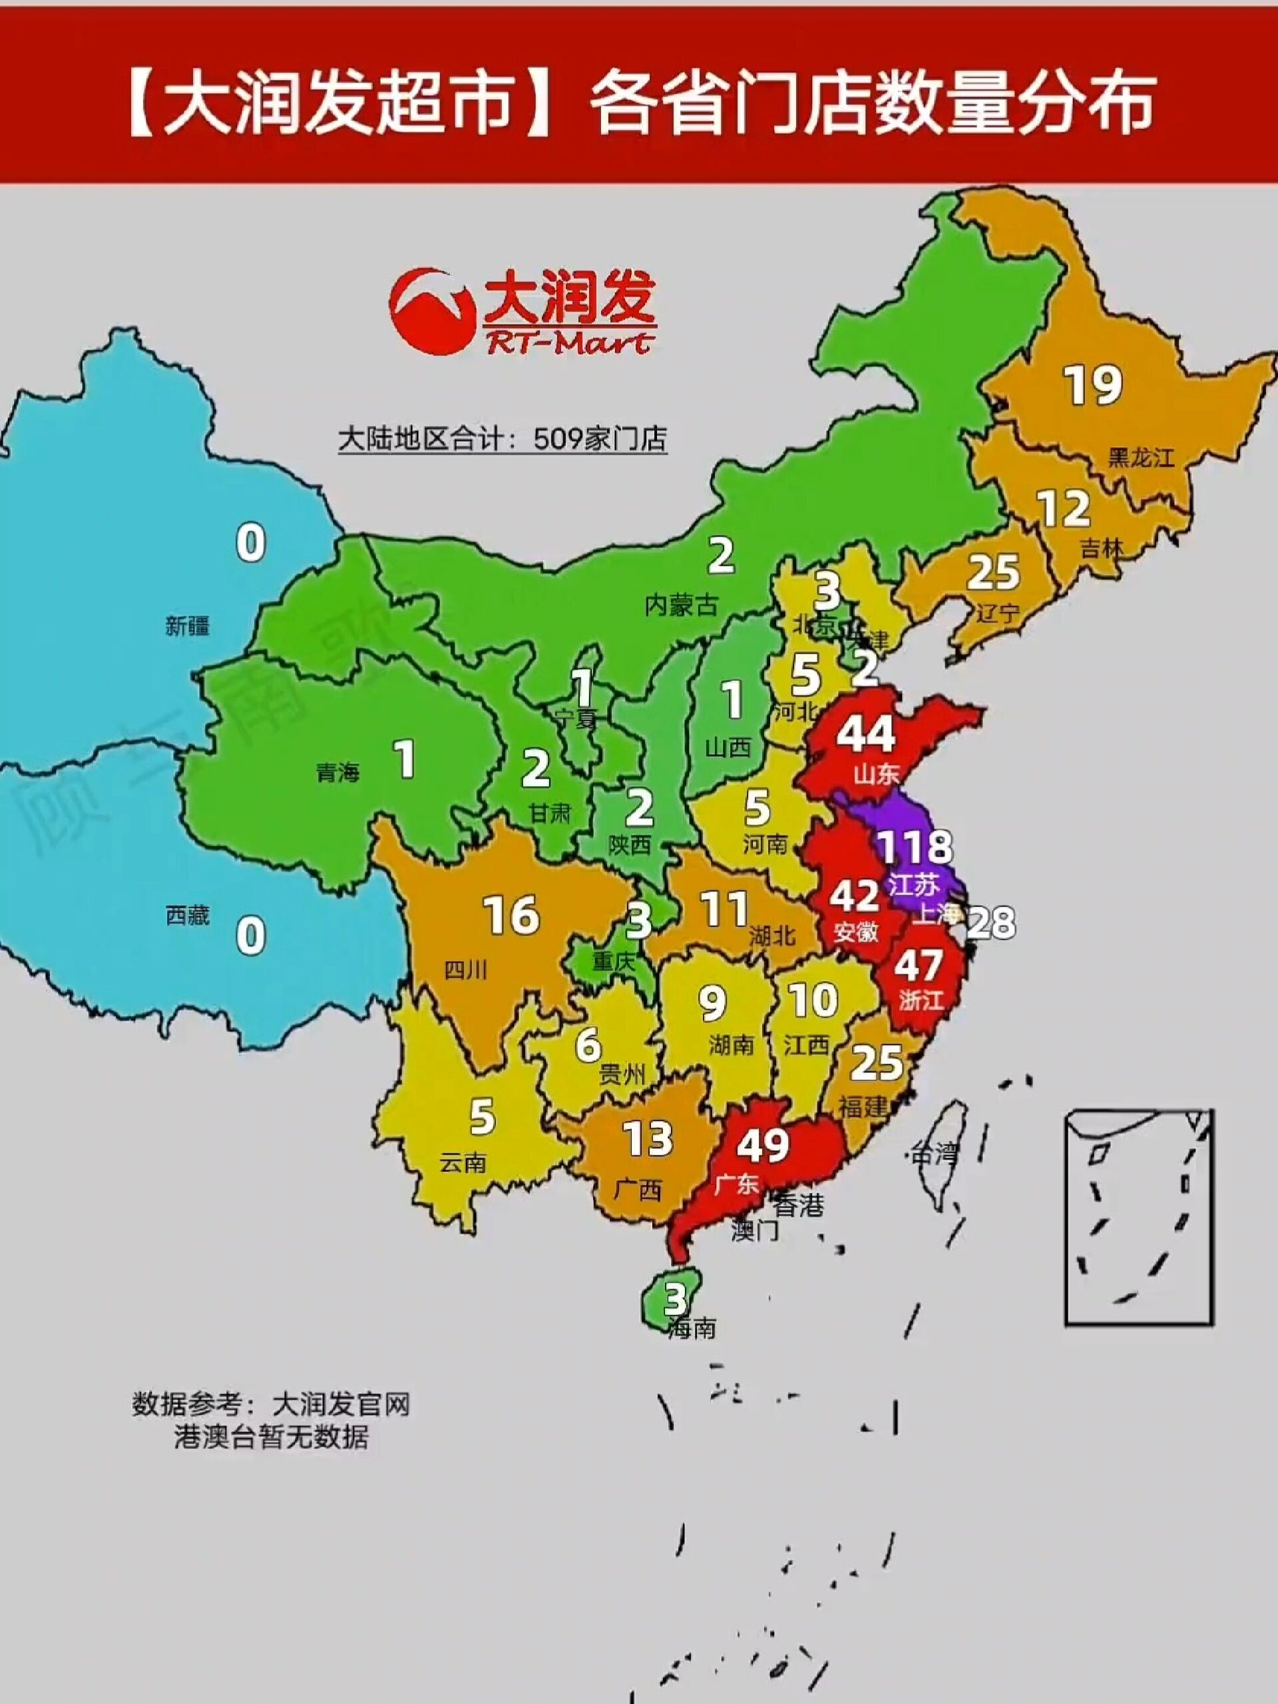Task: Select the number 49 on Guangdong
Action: point(763,1145)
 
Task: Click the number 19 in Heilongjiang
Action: point(1093,385)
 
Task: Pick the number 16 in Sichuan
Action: point(511,915)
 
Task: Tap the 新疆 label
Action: point(187,626)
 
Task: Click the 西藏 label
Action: point(187,915)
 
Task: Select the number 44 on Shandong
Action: point(866,734)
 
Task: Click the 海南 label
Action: point(692,1328)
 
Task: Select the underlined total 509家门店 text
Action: point(503,439)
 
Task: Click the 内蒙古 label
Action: point(681,606)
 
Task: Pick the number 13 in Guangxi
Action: point(647,1139)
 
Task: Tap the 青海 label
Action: point(337,772)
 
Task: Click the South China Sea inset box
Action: point(1139,1217)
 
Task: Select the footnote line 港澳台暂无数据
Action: point(270,1438)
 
